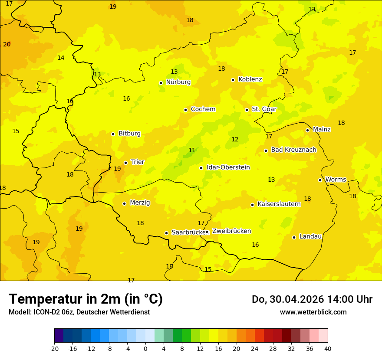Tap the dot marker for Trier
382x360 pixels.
click(x=126, y=163)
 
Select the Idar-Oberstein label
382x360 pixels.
click(x=228, y=167)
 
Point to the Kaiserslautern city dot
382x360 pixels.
click(x=252, y=205)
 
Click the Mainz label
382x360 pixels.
click(x=322, y=129)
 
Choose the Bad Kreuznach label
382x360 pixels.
click(x=293, y=150)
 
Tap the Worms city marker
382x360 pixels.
click(x=320, y=180)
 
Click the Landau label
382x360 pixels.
click(x=310, y=236)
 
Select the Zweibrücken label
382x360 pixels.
click(x=231, y=231)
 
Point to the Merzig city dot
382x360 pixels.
click(x=124, y=203)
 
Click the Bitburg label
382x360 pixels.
click(x=129, y=134)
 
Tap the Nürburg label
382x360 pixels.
click(x=178, y=82)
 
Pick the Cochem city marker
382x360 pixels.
click(x=185, y=110)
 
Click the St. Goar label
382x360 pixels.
click(x=264, y=109)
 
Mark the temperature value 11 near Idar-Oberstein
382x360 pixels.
click(x=192, y=151)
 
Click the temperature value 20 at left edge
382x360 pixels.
click(x=7, y=45)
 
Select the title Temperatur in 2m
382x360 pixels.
click(x=86, y=299)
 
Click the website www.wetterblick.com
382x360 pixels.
click(x=313, y=312)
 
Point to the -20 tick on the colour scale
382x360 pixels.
click(x=54, y=348)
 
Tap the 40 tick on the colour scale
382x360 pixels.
click(x=328, y=348)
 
